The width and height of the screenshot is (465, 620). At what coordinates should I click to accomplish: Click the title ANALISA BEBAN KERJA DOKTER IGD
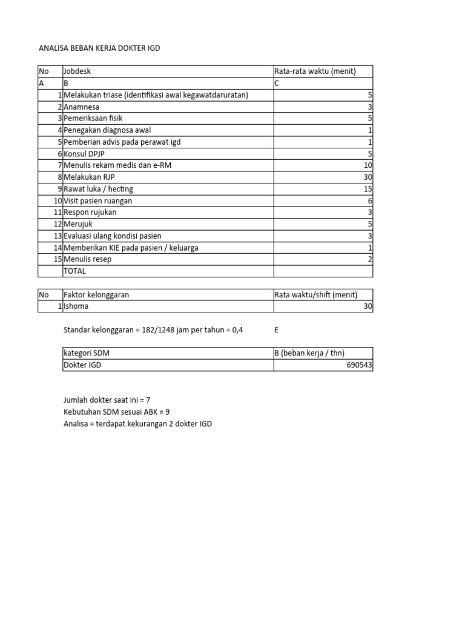tap(99, 48)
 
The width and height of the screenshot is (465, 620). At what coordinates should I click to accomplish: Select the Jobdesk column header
tap(77, 71)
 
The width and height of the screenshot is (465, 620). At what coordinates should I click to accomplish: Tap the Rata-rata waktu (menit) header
tap(315, 71)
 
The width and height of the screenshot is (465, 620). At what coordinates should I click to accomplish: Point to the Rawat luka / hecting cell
tap(98, 189)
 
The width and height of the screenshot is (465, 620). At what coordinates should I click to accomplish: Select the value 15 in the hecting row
tap(368, 189)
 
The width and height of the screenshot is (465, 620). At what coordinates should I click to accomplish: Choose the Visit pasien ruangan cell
tap(97, 200)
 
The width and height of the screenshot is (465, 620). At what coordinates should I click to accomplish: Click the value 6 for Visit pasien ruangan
tap(370, 200)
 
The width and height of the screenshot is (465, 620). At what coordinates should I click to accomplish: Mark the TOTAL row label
tap(75, 271)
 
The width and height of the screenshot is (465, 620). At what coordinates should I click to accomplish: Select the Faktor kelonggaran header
tap(96, 295)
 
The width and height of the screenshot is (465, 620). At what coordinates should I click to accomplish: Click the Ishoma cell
tap(76, 306)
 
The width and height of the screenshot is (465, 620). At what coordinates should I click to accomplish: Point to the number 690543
tap(359, 365)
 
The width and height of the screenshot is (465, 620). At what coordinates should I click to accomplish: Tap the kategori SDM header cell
tap(87, 353)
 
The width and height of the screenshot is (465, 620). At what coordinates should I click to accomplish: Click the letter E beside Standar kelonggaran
tap(277, 330)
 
